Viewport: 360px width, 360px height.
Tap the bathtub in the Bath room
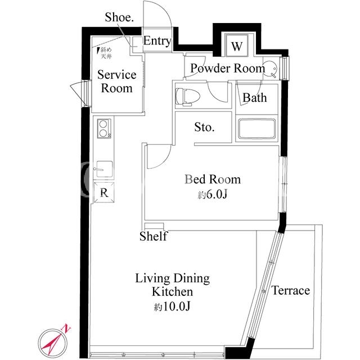tap(256, 129)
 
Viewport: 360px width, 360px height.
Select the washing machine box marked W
tap(237, 45)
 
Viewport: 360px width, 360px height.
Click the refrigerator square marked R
tap(104, 192)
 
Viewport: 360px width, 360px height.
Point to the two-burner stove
tap(104, 129)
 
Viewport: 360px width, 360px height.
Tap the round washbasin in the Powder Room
tap(271, 68)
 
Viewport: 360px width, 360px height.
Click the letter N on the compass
tap(66, 327)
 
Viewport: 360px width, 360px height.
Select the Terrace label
tap(291, 290)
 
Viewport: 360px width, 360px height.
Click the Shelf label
tap(154, 236)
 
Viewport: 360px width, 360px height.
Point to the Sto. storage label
tap(204, 127)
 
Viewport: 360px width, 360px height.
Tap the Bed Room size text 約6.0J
tap(213, 195)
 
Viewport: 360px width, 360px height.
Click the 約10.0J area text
tap(172, 306)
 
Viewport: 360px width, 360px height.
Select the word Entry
tap(157, 42)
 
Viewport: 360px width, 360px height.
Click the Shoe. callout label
tap(119, 17)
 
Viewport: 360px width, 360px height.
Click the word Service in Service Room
tap(116, 75)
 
